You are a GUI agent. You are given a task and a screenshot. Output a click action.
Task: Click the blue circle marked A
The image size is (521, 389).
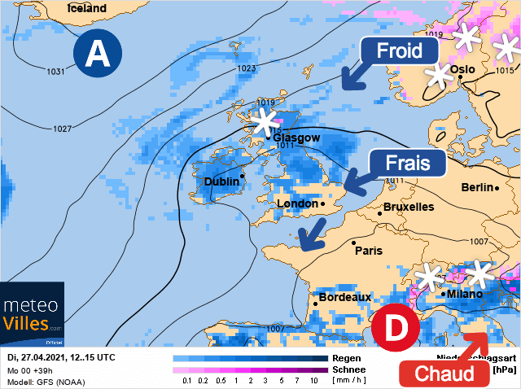98,54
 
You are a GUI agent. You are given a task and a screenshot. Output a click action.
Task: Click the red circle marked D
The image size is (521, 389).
396,329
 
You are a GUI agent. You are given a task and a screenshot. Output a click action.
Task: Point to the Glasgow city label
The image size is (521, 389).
296,138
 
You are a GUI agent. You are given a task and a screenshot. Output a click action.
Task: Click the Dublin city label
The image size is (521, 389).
221,181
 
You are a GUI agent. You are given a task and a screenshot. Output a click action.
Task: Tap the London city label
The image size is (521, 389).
296,203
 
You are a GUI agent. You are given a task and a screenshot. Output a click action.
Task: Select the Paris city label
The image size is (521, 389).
369,251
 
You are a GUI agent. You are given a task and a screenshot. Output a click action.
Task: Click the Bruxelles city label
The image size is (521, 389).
408,207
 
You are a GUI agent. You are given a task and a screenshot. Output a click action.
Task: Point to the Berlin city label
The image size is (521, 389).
476,187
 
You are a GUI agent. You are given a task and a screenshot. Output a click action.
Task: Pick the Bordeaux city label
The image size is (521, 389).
344,298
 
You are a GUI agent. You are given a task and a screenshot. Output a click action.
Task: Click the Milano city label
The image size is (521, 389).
465,294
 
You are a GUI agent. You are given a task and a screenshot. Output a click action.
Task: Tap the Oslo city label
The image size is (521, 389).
462,70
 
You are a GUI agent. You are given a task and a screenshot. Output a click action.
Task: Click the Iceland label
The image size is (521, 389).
86,8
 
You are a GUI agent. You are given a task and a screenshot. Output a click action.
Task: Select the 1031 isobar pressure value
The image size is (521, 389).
55,72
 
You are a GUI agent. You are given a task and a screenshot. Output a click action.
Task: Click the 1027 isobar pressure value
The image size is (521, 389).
62,129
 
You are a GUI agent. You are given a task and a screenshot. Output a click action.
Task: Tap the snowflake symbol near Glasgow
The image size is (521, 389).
263,122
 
